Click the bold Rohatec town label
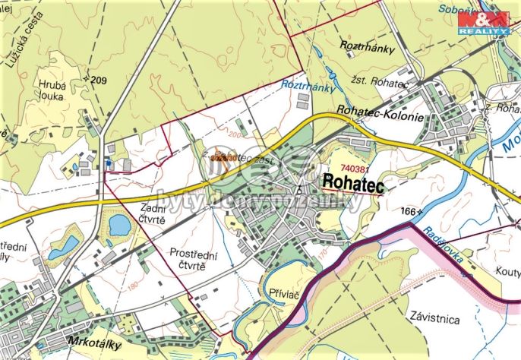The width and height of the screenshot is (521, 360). coord(353,182)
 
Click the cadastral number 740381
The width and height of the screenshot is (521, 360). coord(354,168)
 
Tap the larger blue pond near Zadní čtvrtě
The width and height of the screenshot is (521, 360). coord(118,224)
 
